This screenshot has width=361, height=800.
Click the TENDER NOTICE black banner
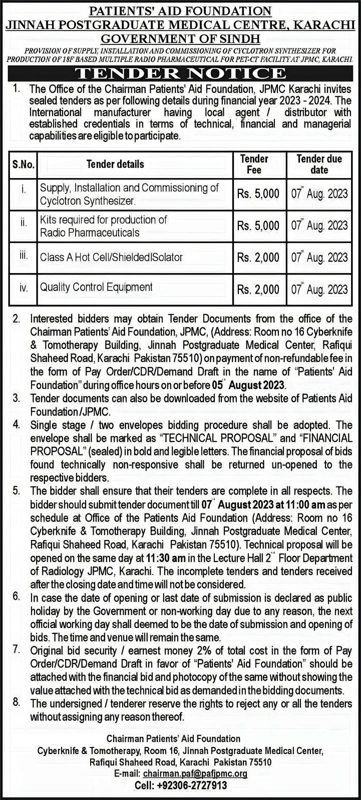pos(180,73)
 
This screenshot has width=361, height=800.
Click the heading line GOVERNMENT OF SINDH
pos(180,38)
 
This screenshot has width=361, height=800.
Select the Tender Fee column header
pos(254,164)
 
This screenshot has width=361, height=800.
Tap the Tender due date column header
pos(319,164)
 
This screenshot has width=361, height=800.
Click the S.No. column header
pos(23,164)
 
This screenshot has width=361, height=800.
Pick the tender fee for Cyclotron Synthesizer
pos(258,194)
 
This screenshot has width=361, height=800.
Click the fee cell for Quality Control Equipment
pos(258,289)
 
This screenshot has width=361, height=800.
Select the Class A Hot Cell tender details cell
pos(111,257)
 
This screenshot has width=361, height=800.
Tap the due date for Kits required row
pos(319,225)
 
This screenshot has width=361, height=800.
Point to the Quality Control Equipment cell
pos(96,287)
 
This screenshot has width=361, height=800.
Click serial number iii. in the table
pos(23,255)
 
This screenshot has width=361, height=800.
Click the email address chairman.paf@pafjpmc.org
pos(195,773)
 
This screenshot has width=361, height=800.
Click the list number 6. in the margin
pos(17,596)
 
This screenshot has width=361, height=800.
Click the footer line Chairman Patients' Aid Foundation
pos(173,738)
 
